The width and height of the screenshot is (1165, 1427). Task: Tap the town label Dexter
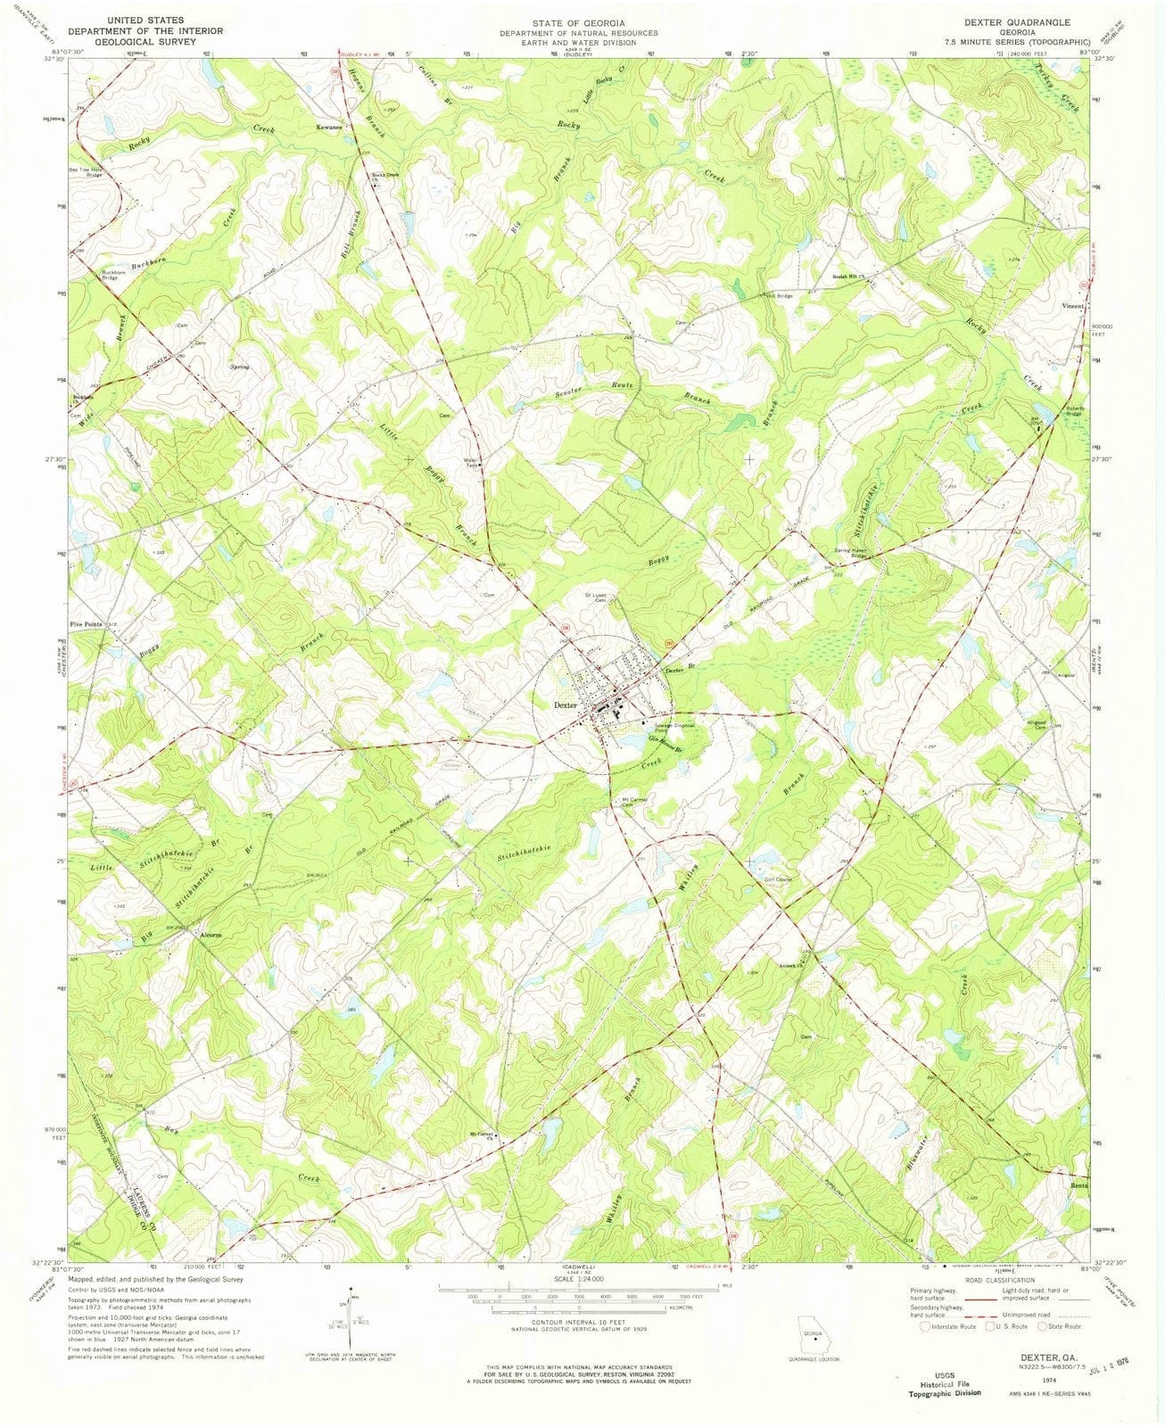(x=566, y=705)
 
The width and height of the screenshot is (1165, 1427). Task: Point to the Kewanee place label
(x=330, y=128)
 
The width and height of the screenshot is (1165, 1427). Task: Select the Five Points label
(x=87, y=624)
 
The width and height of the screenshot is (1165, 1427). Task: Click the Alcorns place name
(x=211, y=935)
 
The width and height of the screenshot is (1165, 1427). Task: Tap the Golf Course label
(x=779, y=879)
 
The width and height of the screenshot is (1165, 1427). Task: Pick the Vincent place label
(x=1071, y=306)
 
